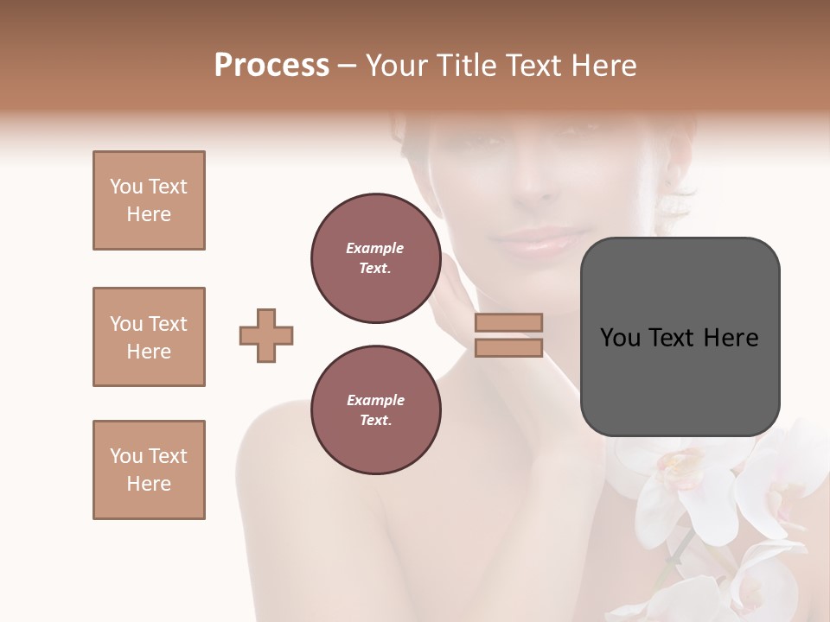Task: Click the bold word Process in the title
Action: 271,65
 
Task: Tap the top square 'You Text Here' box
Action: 149,200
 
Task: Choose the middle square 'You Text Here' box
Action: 149,337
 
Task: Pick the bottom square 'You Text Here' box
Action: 149,470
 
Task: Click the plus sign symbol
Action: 266,335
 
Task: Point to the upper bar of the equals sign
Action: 508,322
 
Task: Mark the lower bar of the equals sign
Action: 508,347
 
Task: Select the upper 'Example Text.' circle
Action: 375,257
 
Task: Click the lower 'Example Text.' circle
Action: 375,409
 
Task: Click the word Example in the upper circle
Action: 375,248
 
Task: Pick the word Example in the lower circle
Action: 375,400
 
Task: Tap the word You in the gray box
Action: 620,338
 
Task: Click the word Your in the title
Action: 395,65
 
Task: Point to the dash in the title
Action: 348,65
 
